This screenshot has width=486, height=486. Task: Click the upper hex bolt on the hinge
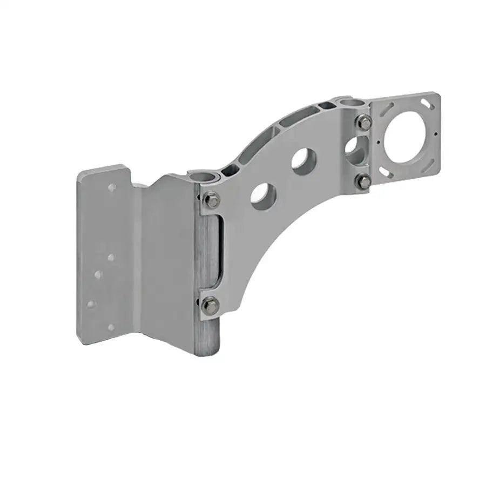coord(212,199)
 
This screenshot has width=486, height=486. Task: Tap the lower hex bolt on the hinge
coord(211,306)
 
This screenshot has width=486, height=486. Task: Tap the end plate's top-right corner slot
coord(427,103)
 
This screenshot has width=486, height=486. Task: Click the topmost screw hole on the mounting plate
coord(112,188)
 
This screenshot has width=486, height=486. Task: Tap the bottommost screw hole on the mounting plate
coord(111,327)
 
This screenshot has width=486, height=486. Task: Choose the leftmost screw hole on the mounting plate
coord(91,304)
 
